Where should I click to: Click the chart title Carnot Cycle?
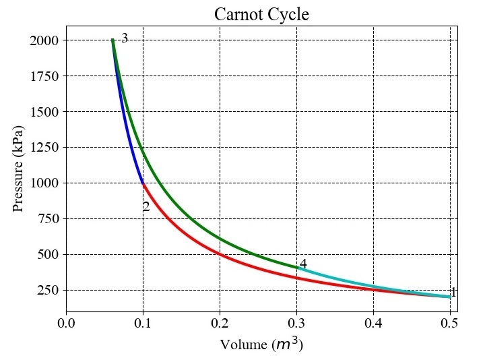point(261,13)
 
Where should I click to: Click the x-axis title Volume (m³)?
point(261,344)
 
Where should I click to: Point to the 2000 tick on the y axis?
point(44,40)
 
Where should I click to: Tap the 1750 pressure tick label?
point(44,76)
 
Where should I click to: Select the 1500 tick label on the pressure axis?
point(44,112)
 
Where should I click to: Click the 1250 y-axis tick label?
point(44,148)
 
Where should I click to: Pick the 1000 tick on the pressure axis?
point(44,183)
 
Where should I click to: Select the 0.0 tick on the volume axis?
point(66,324)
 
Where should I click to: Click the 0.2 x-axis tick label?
point(220,324)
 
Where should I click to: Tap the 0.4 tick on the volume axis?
point(373,324)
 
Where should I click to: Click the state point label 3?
point(125,38)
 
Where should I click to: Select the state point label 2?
point(145,207)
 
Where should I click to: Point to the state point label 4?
point(303,264)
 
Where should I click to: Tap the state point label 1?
point(453,293)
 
